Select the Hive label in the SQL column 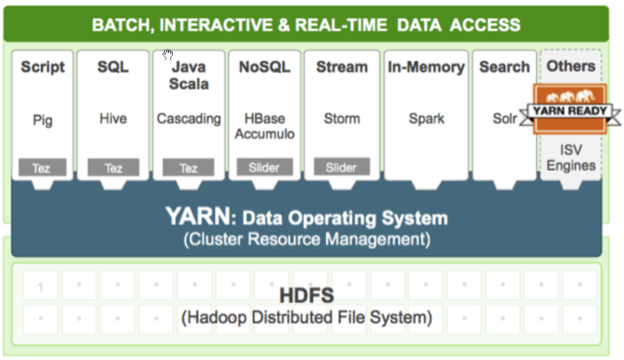point(113,119)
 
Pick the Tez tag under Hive point(113,167)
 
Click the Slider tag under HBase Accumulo point(265,167)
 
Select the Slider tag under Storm point(341,167)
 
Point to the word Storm point(342,119)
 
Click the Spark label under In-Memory point(426,119)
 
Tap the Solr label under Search point(504,119)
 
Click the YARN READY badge point(571,110)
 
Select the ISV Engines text point(571,157)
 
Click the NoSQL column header point(265,67)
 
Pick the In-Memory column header point(426,67)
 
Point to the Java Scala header point(189,75)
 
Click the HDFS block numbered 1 point(41,288)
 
